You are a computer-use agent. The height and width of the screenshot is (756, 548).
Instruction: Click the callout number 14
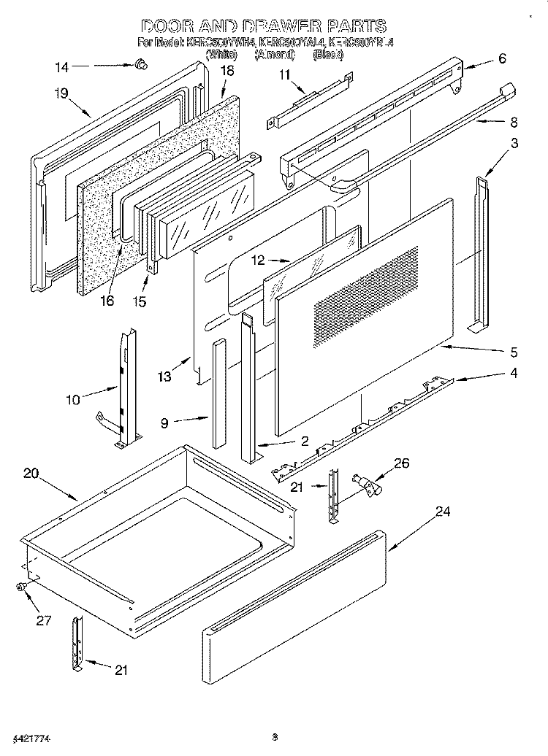pyautogui.click(x=62, y=68)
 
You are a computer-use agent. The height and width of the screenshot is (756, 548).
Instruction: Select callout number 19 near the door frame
pyautogui.click(x=61, y=93)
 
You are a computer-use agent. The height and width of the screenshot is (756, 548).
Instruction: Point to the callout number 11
pyautogui.click(x=284, y=74)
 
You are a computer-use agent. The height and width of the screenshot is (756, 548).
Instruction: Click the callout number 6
pyautogui.click(x=502, y=59)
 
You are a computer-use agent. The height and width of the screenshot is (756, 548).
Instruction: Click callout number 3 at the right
pyautogui.click(x=515, y=144)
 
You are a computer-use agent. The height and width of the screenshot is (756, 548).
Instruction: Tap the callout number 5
pyautogui.click(x=514, y=352)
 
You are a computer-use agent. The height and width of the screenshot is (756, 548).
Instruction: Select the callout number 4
pyautogui.click(x=514, y=374)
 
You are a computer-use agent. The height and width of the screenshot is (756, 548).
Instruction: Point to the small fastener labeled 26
pyautogui.click(x=362, y=482)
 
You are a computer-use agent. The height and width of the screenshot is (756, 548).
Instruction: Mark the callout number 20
pyautogui.click(x=30, y=473)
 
